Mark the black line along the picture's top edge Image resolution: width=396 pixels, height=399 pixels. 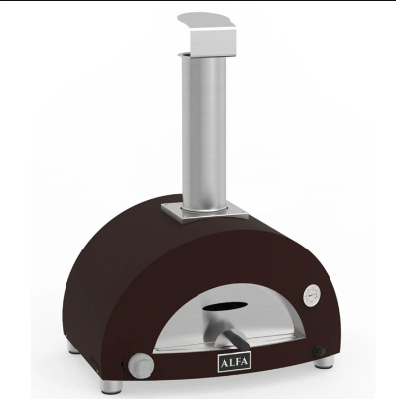point(198,1)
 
